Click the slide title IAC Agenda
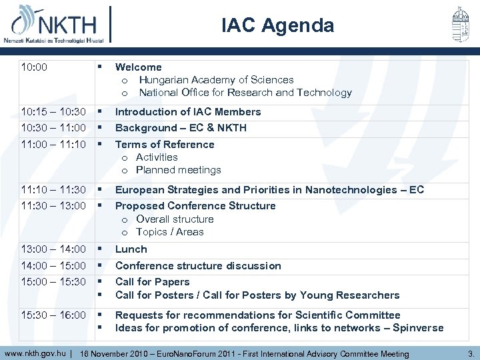click(x=278, y=25)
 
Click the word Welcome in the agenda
click(x=138, y=67)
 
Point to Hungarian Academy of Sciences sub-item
click(x=216, y=80)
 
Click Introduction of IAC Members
click(x=188, y=112)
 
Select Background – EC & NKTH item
click(x=181, y=128)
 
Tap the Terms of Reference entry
click(x=165, y=145)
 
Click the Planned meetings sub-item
click(x=178, y=170)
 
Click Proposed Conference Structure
click(x=195, y=206)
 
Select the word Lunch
click(x=131, y=249)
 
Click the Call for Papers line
click(x=153, y=282)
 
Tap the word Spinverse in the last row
click(x=418, y=328)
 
